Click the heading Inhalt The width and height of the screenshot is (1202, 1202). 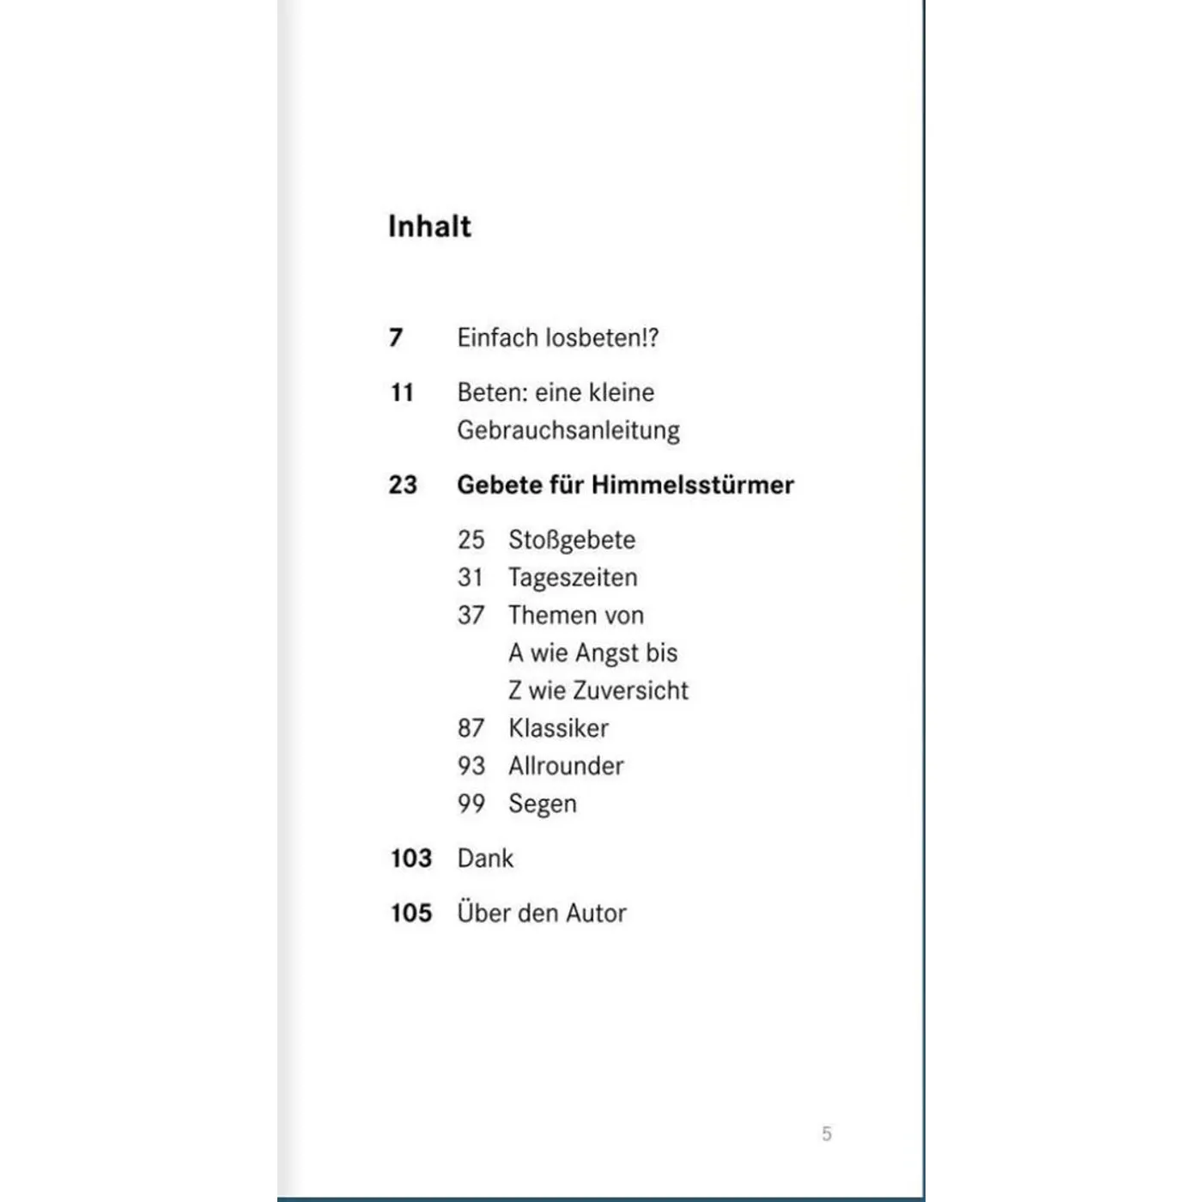pyautogui.click(x=429, y=226)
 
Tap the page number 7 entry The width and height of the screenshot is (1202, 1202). pyautogui.click(x=396, y=337)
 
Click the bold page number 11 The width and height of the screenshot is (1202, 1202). pyautogui.click(x=402, y=392)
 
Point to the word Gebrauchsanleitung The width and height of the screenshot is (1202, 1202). pyautogui.click(x=568, y=430)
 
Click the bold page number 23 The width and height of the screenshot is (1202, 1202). pyautogui.click(x=403, y=485)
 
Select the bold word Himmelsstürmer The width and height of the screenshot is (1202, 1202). pyautogui.click(x=693, y=485)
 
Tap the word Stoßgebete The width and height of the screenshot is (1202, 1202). pyautogui.click(x=572, y=540)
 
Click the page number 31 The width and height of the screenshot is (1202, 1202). pyautogui.click(x=470, y=578)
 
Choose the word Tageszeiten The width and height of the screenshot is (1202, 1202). pyautogui.click(x=573, y=578)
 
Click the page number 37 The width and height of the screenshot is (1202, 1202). pyautogui.click(x=470, y=616)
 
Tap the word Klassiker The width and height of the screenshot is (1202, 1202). pyautogui.click(x=558, y=729)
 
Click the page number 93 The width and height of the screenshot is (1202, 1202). pyautogui.click(x=470, y=766)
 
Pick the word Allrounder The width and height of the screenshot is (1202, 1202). pyautogui.click(x=566, y=766)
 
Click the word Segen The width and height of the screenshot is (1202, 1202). pyautogui.click(x=542, y=804)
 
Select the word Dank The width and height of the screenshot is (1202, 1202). pyautogui.click(x=485, y=859)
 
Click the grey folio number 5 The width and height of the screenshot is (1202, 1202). pyautogui.click(x=827, y=1133)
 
